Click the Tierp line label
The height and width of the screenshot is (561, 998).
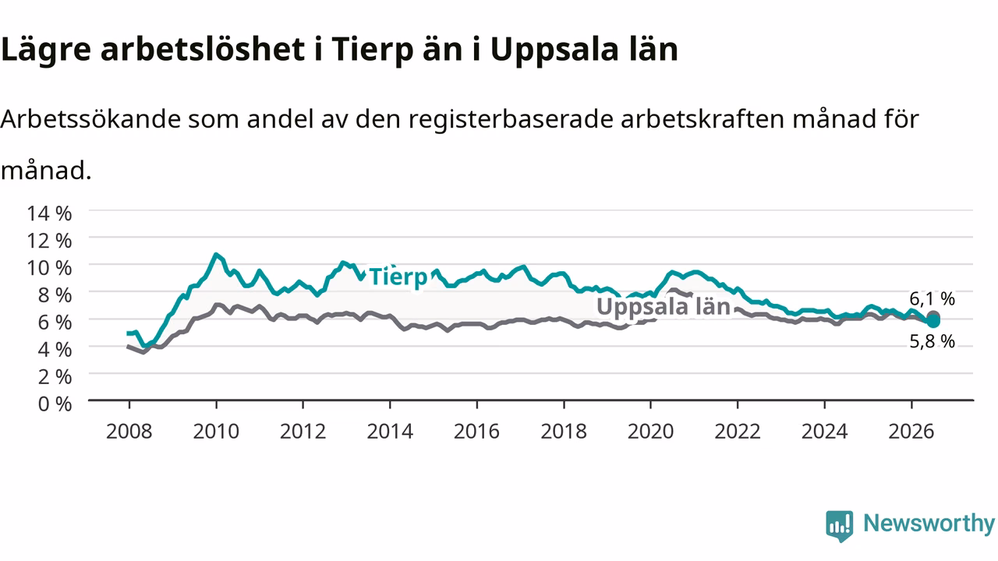pyautogui.click(x=398, y=277)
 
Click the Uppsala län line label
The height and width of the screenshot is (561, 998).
pyautogui.click(x=664, y=307)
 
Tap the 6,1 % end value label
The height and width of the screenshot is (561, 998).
pyautogui.click(x=932, y=298)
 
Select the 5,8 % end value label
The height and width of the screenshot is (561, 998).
pyautogui.click(x=932, y=341)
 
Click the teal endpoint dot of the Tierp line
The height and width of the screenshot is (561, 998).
pyautogui.click(x=933, y=320)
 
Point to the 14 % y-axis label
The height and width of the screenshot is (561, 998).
pyautogui.click(x=49, y=213)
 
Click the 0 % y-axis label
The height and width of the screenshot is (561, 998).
pyautogui.click(x=55, y=404)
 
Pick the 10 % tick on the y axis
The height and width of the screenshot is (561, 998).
pyautogui.click(x=49, y=268)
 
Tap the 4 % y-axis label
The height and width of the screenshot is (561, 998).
pyautogui.click(x=55, y=350)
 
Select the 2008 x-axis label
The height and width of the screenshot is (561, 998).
pyautogui.click(x=129, y=432)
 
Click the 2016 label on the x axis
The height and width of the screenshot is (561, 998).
pyautogui.click(x=476, y=432)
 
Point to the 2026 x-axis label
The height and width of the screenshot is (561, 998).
pyautogui.click(x=911, y=432)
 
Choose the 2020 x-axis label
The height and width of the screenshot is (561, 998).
pyautogui.click(x=650, y=432)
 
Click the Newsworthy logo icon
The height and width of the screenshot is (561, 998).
pyautogui.click(x=840, y=526)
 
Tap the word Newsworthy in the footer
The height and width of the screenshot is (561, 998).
pyautogui.click(x=929, y=523)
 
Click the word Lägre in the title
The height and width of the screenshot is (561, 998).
pyautogui.click(x=46, y=50)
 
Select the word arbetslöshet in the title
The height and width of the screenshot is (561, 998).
pyautogui.click(x=203, y=48)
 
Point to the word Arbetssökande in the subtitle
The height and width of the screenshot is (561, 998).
pyautogui.click(x=90, y=119)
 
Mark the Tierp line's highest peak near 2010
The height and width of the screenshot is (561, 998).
pyautogui.click(x=216, y=255)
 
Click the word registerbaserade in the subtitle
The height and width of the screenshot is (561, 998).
pyautogui.click(x=511, y=120)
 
